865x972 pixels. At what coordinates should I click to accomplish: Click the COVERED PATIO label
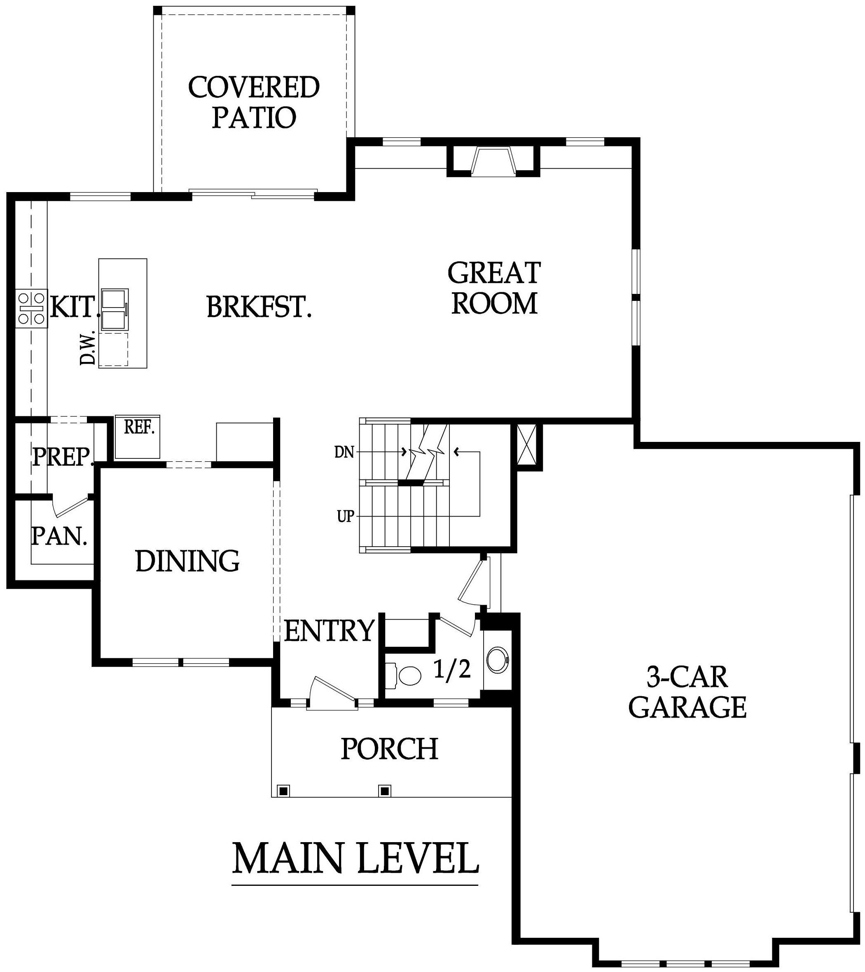tap(254, 102)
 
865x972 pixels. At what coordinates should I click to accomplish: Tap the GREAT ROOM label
tap(494, 288)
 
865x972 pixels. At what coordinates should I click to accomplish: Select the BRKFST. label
tap(259, 307)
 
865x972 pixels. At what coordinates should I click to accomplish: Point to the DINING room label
tap(187, 561)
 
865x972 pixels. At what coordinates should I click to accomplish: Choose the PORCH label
tap(389, 749)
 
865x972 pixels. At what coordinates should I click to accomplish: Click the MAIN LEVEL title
tap(355, 858)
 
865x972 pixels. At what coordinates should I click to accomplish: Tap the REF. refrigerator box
tap(138, 437)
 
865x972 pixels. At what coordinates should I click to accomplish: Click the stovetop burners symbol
tap(31, 308)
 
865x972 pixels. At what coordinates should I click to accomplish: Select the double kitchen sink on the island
tap(114, 308)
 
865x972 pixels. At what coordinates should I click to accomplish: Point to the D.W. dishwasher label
tap(87, 349)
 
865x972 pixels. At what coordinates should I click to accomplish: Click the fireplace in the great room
tap(493, 162)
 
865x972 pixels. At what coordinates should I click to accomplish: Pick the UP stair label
tap(346, 516)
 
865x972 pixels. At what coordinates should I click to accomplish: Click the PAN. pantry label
tap(59, 536)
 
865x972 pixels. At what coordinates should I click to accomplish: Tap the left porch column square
tap(284, 791)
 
